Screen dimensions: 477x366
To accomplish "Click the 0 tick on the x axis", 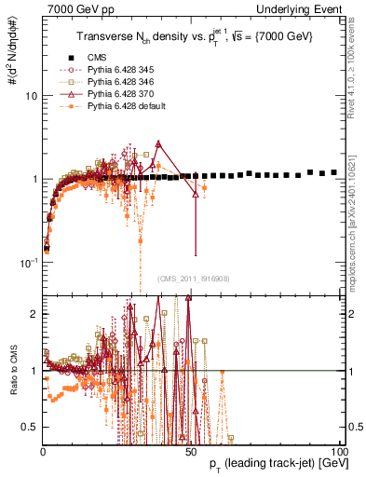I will point(44,450).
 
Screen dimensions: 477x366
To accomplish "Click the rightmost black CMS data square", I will point(334,172).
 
